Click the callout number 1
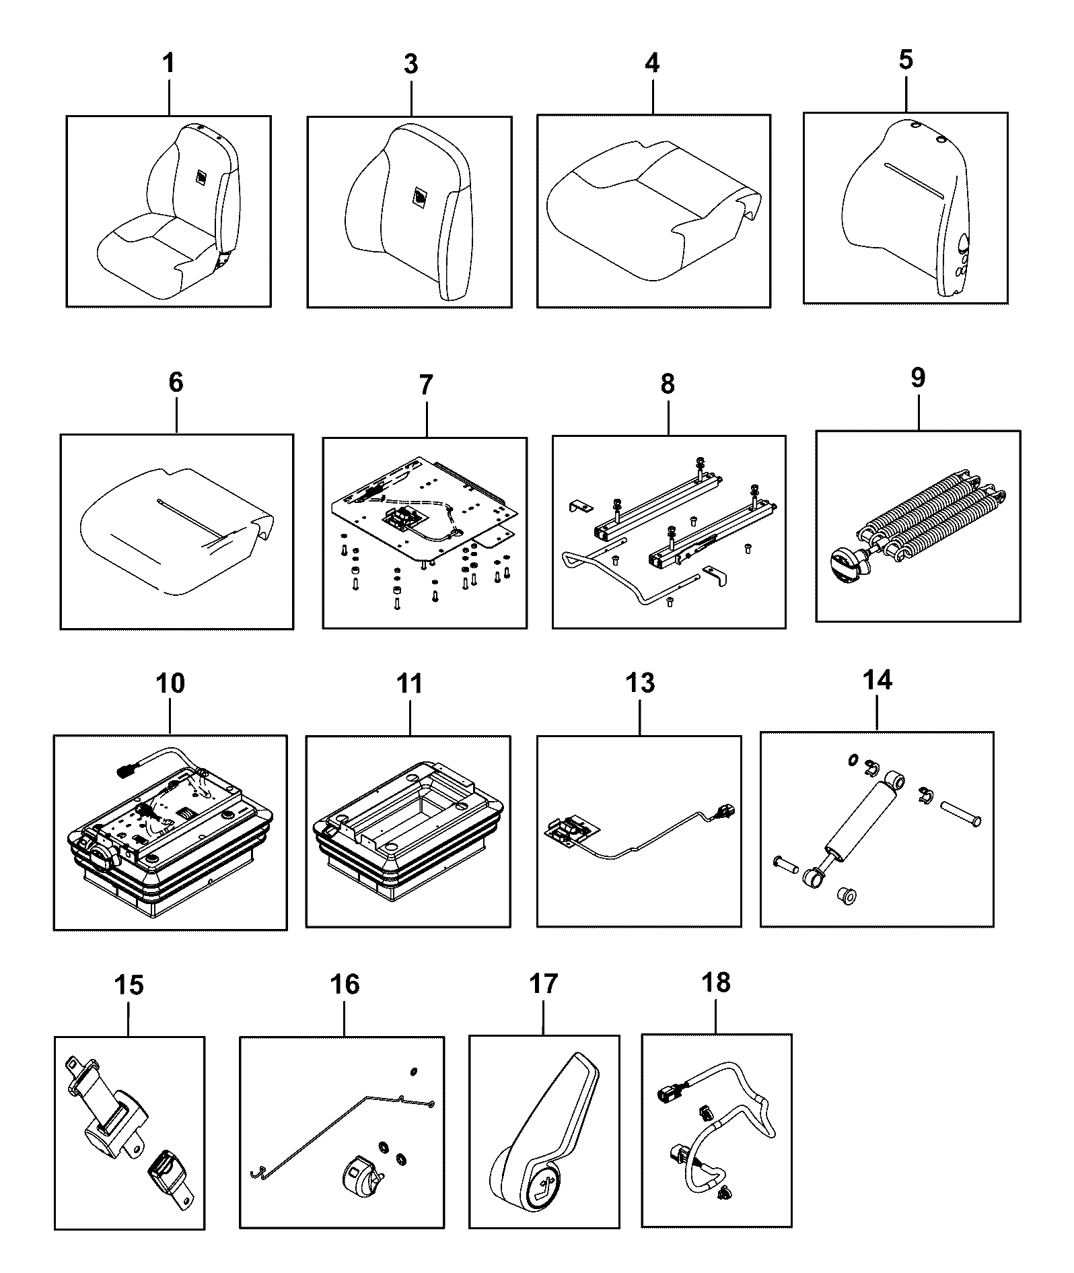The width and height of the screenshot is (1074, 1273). (168, 63)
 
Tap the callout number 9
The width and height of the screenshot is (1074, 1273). (918, 378)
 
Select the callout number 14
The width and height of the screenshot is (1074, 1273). (877, 680)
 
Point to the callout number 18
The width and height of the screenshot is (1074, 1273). (715, 983)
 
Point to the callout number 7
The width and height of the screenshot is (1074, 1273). (426, 386)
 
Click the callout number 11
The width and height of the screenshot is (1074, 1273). (409, 683)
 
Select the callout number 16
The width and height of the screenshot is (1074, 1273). (345, 985)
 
